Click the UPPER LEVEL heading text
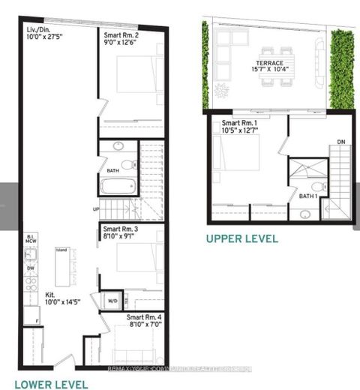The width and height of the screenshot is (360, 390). [242, 238]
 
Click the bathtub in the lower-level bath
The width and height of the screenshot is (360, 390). [118, 186]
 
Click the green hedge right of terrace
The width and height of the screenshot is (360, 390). [341, 71]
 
